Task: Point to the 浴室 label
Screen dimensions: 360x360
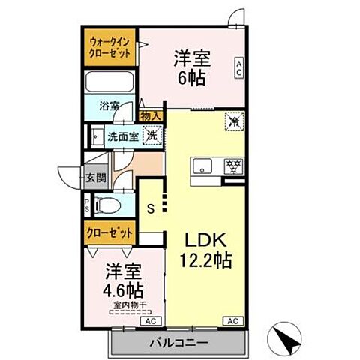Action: [x=109, y=106]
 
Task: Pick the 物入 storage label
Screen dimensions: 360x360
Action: [x=150, y=115]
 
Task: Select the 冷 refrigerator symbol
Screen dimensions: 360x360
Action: [x=232, y=119]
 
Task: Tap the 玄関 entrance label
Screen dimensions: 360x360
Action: [x=94, y=178]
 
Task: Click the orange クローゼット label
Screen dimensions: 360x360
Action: [x=107, y=232]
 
